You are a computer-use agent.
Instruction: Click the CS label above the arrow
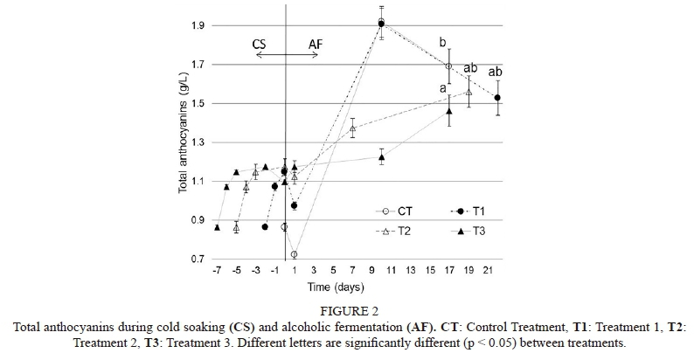pyautogui.click(x=260, y=43)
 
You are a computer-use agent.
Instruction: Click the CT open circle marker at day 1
pyautogui.click(x=295, y=254)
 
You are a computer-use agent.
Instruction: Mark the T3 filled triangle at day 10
pyautogui.click(x=382, y=157)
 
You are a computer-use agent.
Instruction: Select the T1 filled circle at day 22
pyautogui.click(x=497, y=98)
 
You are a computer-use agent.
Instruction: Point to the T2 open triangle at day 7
pyautogui.click(x=352, y=128)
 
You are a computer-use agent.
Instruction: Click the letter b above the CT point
pyautogui.click(x=443, y=42)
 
